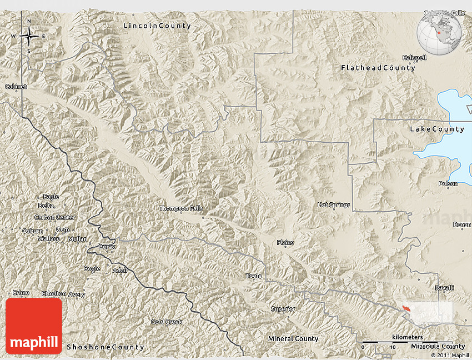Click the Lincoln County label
pyautogui.click(x=157, y=26)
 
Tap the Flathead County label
pyautogui.click(x=378, y=68)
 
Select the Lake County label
pyautogui.click(x=437, y=129)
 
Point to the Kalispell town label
pyautogui.click(x=414, y=58)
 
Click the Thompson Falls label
pyautogui.click(x=181, y=209)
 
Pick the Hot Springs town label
pyautogui.click(x=334, y=205)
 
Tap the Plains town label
pyautogui.click(x=285, y=243)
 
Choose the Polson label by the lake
pyautogui.click(x=448, y=184)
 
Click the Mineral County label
pyautogui.click(x=293, y=338)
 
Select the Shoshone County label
pyautogui.click(x=106, y=347)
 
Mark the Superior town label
pyautogui.click(x=283, y=309)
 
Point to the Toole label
pyautogui.click(x=253, y=276)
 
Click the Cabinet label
pyautogui.click(x=16, y=87)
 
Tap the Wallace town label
pyautogui.click(x=49, y=239)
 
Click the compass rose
pyautogui.click(x=29, y=37)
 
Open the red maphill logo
pyautogui.click(x=34, y=326)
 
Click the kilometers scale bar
pyautogui.click(x=406, y=342)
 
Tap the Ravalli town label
pyautogui.click(x=444, y=288)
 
